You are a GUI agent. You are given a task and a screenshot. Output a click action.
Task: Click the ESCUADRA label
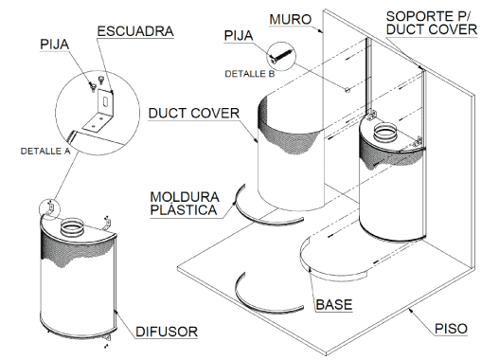[135, 31]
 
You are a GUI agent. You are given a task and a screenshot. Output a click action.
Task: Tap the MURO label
[291, 19]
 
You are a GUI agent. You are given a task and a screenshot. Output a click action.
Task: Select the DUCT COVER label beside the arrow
[194, 114]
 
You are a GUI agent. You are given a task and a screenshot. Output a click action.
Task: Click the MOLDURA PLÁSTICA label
[185, 204]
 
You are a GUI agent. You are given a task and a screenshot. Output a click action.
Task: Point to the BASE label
[334, 305]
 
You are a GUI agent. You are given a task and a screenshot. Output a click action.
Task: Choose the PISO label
[451, 329]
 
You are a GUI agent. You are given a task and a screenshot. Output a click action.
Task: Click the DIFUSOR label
[167, 332]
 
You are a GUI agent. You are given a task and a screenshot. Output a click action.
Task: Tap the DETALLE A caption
[45, 151]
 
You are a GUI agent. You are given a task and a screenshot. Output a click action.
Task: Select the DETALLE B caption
[250, 74]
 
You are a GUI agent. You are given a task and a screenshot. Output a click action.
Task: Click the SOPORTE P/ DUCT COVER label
[432, 23]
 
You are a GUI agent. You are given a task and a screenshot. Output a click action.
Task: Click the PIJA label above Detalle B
[239, 36]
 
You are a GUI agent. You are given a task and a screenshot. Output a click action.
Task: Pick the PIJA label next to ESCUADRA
[54, 45]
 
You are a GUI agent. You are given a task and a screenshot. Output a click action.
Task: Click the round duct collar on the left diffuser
[73, 227]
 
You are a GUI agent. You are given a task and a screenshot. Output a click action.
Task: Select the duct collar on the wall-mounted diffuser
[384, 133]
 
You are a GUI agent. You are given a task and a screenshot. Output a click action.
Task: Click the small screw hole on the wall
[348, 90]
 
